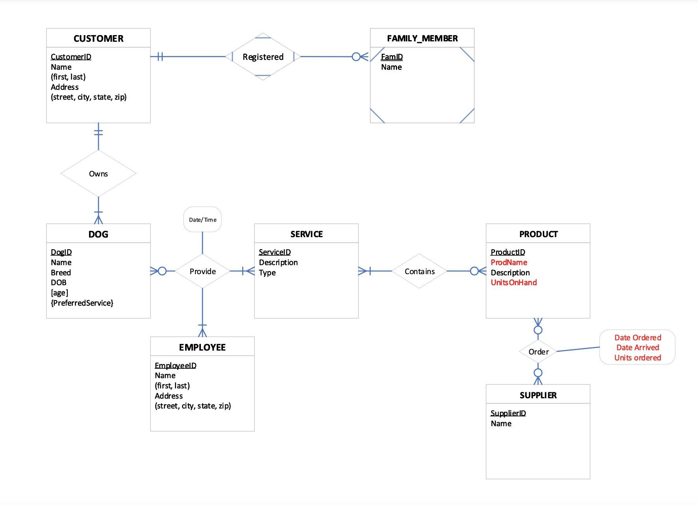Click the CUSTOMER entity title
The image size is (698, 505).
98,38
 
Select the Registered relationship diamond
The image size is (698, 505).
263,57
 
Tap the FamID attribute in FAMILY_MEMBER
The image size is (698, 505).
392,57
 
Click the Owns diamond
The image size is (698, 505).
98,174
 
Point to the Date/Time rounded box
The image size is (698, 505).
202,219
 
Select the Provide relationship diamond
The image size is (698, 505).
202,271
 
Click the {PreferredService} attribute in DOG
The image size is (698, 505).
82,303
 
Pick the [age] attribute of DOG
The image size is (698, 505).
59,293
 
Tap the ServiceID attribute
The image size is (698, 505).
275,252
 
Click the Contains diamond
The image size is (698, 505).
420,271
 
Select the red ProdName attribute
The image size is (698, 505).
509,262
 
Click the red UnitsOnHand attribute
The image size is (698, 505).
514,282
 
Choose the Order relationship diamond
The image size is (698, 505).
538,352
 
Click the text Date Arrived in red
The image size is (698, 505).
637,347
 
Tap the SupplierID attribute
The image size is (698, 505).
508,413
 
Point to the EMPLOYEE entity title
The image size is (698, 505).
202,347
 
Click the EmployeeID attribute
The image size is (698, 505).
175,366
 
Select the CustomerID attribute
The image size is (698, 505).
71,57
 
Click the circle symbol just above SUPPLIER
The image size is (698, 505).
538,373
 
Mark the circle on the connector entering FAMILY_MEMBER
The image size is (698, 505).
356,57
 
